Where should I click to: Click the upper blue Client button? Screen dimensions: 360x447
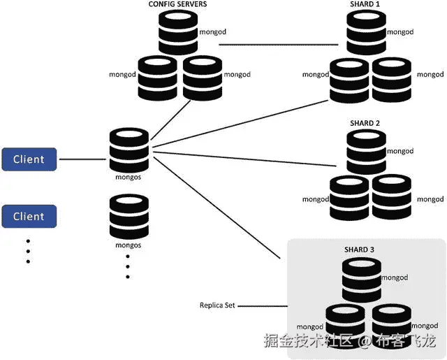pos(29,159)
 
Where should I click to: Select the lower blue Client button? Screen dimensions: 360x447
pos(29,217)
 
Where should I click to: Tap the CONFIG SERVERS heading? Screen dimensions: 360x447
pos(177,5)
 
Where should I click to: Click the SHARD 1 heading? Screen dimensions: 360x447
pos(365,5)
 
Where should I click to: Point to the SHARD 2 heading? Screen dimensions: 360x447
pos(365,124)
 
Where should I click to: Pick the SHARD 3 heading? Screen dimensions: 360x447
pos(360,250)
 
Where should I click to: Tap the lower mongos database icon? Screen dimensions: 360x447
pos(129,217)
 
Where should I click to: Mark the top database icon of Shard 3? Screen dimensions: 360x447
pos(361,280)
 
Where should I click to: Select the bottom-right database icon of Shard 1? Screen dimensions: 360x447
pos(391,79)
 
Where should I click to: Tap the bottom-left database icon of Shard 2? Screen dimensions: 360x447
pos(349,197)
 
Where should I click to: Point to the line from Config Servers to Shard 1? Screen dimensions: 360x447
pos(279,45)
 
